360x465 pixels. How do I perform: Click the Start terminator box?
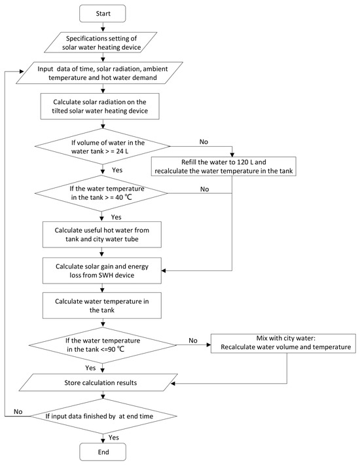[x=103, y=13]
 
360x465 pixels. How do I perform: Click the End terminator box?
[x=103, y=452]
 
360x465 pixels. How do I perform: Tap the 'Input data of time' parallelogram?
[x=99, y=73]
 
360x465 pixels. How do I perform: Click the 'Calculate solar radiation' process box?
[x=100, y=107]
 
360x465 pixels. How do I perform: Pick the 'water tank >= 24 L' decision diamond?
[x=103, y=146]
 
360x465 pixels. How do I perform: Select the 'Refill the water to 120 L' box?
[x=224, y=166]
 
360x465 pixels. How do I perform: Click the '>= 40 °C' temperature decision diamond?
[x=101, y=193]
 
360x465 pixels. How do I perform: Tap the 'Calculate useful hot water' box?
[x=102, y=234]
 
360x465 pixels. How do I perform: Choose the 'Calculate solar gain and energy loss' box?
[x=102, y=270]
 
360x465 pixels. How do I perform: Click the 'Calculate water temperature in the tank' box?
[x=102, y=305]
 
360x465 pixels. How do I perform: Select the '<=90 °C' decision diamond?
[x=103, y=345]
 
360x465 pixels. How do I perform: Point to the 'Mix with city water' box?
[x=283, y=343]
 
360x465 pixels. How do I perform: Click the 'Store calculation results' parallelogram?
[x=98, y=382]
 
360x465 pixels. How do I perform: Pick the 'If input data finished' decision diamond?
[x=103, y=416]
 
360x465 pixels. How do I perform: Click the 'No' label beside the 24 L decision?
[x=204, y=141]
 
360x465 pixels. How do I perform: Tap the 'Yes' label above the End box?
[x=114, y=437]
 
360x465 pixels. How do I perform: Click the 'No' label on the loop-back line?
[x=18, y=411]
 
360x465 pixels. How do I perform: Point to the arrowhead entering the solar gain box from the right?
[x=164, y=270]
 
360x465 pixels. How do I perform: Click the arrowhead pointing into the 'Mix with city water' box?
[x=209, y=345]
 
